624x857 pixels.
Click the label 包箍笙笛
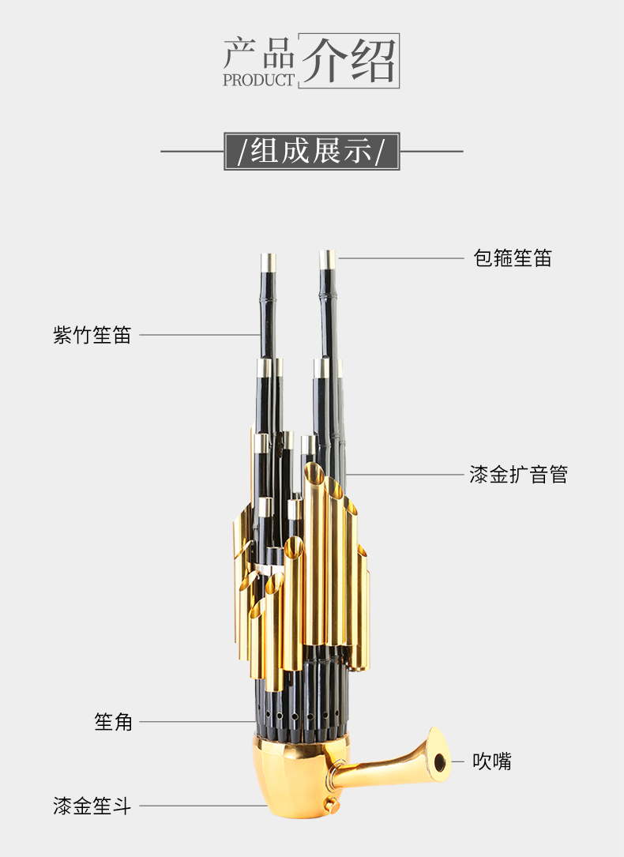(x=513, y=257)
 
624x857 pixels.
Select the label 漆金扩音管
(x=518, y=475)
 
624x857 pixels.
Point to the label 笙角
(x=114, y=721)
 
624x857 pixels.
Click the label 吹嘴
(x=492, y=761)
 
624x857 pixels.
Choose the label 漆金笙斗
(x=92, y=806)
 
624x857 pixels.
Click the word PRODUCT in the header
(x=258, y=80)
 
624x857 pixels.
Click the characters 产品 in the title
(x=259, y=54)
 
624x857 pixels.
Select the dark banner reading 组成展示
(x=312, y=151)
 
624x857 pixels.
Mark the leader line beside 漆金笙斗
(x=202, y=806)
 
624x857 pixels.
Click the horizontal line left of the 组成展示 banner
(x=192, y=151)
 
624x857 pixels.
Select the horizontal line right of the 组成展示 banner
(x=432, y=151)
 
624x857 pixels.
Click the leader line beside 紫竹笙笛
(x=199, y=335)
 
